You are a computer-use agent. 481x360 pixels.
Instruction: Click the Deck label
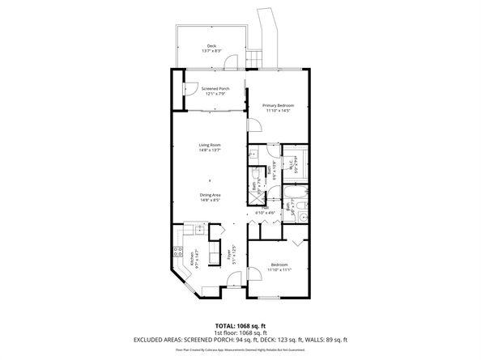coord(211,45)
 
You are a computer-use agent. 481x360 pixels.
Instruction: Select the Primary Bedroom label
coord(277,105)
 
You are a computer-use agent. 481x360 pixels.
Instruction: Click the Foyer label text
coord(230,256)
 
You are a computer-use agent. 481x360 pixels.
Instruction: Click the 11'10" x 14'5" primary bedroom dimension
coord(277,111)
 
